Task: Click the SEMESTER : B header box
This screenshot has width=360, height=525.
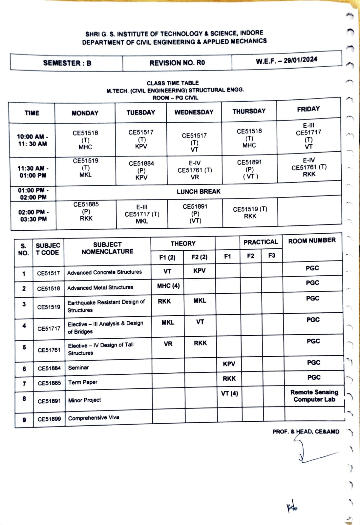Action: pyautogui.click(x=67, y=63)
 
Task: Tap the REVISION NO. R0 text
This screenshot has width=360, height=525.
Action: pyautogui.click(x=177, y=63)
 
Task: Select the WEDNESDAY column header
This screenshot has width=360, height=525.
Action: pyautogui.click(x=194, y=112)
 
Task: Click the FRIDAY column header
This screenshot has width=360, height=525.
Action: pyautogui.click(x=308, y=109)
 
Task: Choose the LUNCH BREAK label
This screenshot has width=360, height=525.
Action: pyautogui.click(x=199, y=192)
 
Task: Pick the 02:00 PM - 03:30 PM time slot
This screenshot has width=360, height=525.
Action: pyautogui.click(x=33, y=216)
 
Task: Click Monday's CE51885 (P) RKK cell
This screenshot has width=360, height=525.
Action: pyautogui.click(x=86, y=211)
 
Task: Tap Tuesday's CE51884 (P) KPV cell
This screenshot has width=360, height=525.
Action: pyautogui.click(x=141, y=170)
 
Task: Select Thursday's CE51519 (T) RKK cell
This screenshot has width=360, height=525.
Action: pyautogui.click(x=250, y=213)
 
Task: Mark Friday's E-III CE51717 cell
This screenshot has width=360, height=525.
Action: pyautogui.click(x=308, y=136)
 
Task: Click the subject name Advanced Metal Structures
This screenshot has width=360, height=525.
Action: pyautogui.click(x=100, y=288)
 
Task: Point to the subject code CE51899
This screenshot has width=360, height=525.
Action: pyautogui.click(x=49, y=419)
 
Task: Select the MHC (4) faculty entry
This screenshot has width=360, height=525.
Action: pyautogui.click(x=168, y=286)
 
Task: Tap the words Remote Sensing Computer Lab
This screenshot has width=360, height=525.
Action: pyautogui.click(x=314, y=396)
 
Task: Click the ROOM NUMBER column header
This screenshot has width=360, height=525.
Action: pyautogui.click(x=312, y=241)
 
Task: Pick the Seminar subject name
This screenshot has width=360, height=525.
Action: pyautogui.click(x=78, y=368)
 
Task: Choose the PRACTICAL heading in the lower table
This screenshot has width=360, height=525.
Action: pyautogui.click(x=261, y=242)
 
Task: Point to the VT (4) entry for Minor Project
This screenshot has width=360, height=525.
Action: pyautogui.click(x=229, y=393)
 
